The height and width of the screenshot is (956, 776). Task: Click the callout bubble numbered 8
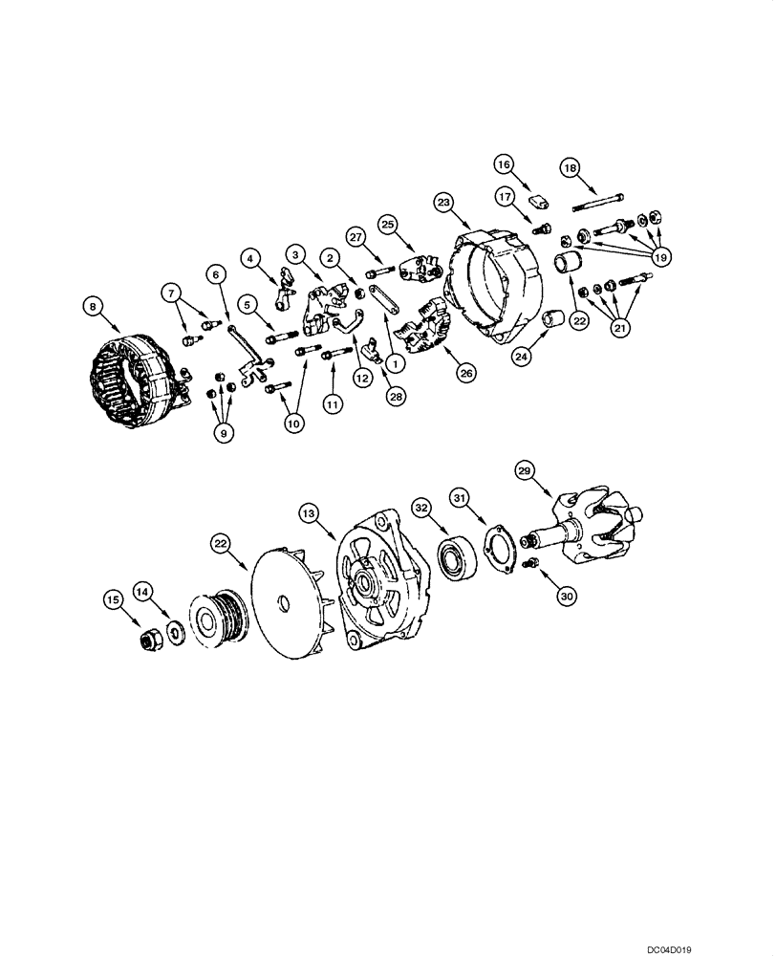92,306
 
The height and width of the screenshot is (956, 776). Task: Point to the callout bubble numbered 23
443,203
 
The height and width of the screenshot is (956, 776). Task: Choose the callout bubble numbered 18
570,168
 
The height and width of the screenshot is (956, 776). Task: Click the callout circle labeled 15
114,599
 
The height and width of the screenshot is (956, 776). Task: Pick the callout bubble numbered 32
422,507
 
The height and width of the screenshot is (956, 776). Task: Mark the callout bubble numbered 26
465,374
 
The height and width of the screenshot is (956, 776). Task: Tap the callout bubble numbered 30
569,595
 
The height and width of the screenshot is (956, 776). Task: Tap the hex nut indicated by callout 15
152,641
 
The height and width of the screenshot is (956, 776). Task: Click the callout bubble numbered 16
504,163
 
